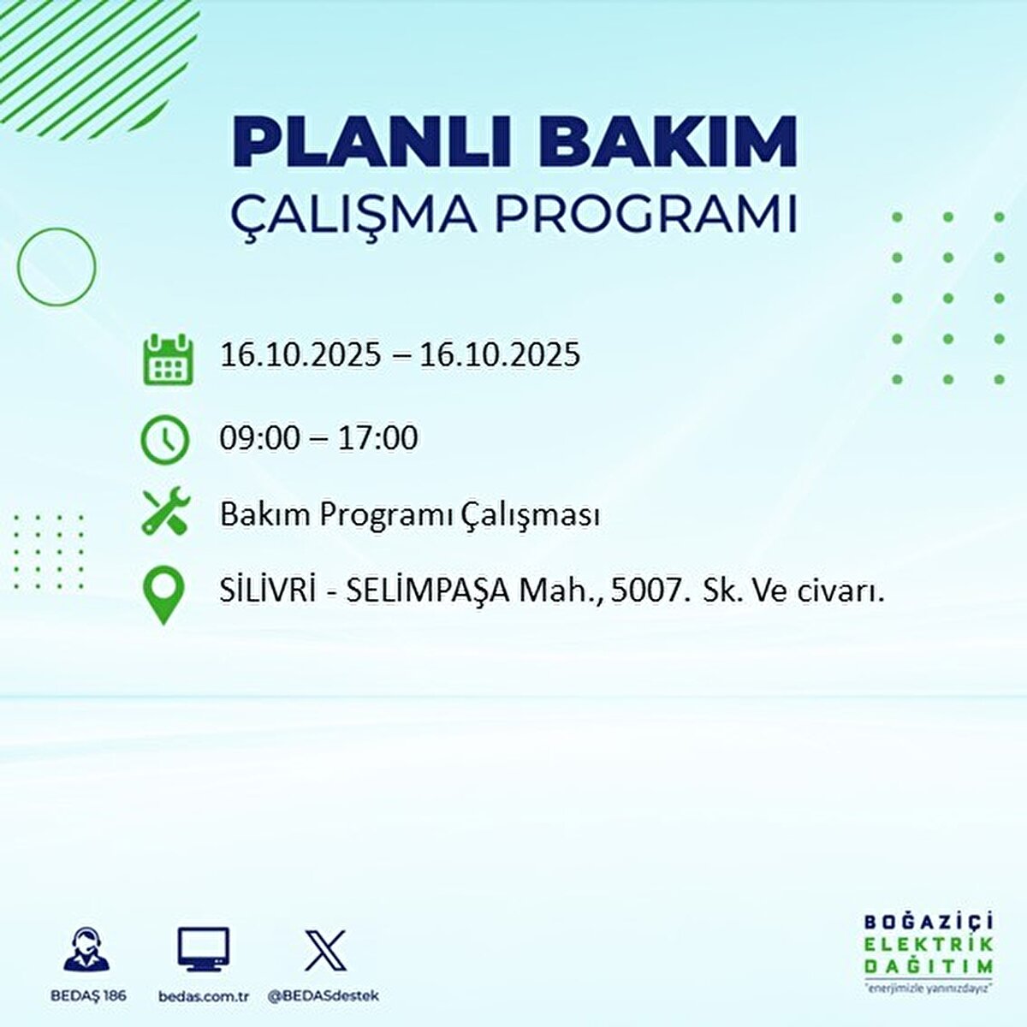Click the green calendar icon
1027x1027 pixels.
click(x=168, y=359)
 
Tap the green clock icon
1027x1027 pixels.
click(x=164, y=440)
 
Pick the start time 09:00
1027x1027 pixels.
click(x=259, y=439)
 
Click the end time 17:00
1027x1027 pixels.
click(x=377, y=439)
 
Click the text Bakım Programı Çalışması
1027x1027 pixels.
click(x=409, y=515)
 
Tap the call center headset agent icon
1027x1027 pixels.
click(x=86, y=950)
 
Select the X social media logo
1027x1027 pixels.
click(x=325, y=950)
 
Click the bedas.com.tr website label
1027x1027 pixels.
click(x=204, y=996)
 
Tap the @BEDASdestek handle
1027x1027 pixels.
click(x=323, y=996)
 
